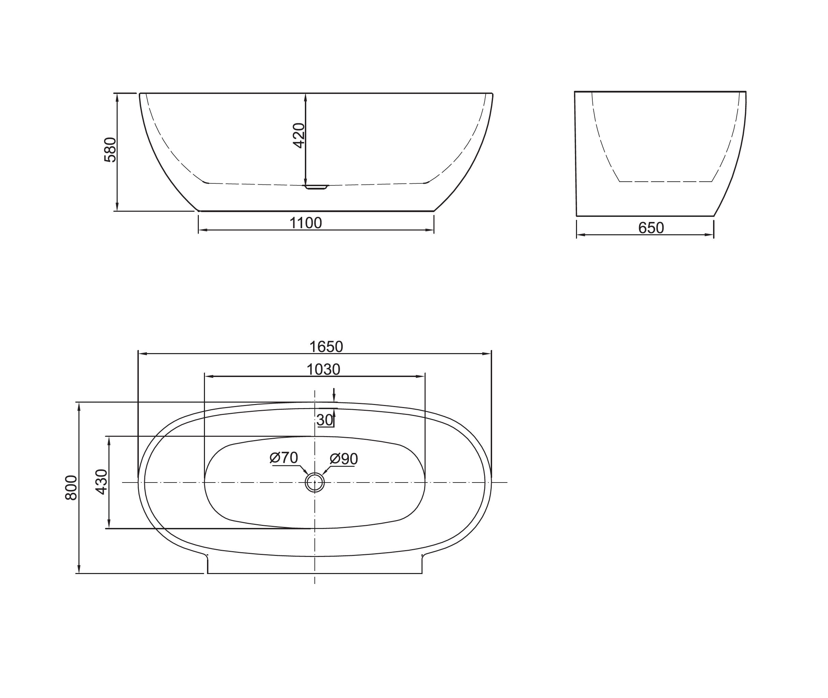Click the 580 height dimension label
110,150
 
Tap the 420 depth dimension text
299,136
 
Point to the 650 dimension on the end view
651,228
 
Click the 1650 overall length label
326,347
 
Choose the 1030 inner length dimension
323,369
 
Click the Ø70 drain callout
284,458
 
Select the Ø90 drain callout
344,459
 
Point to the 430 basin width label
102,481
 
